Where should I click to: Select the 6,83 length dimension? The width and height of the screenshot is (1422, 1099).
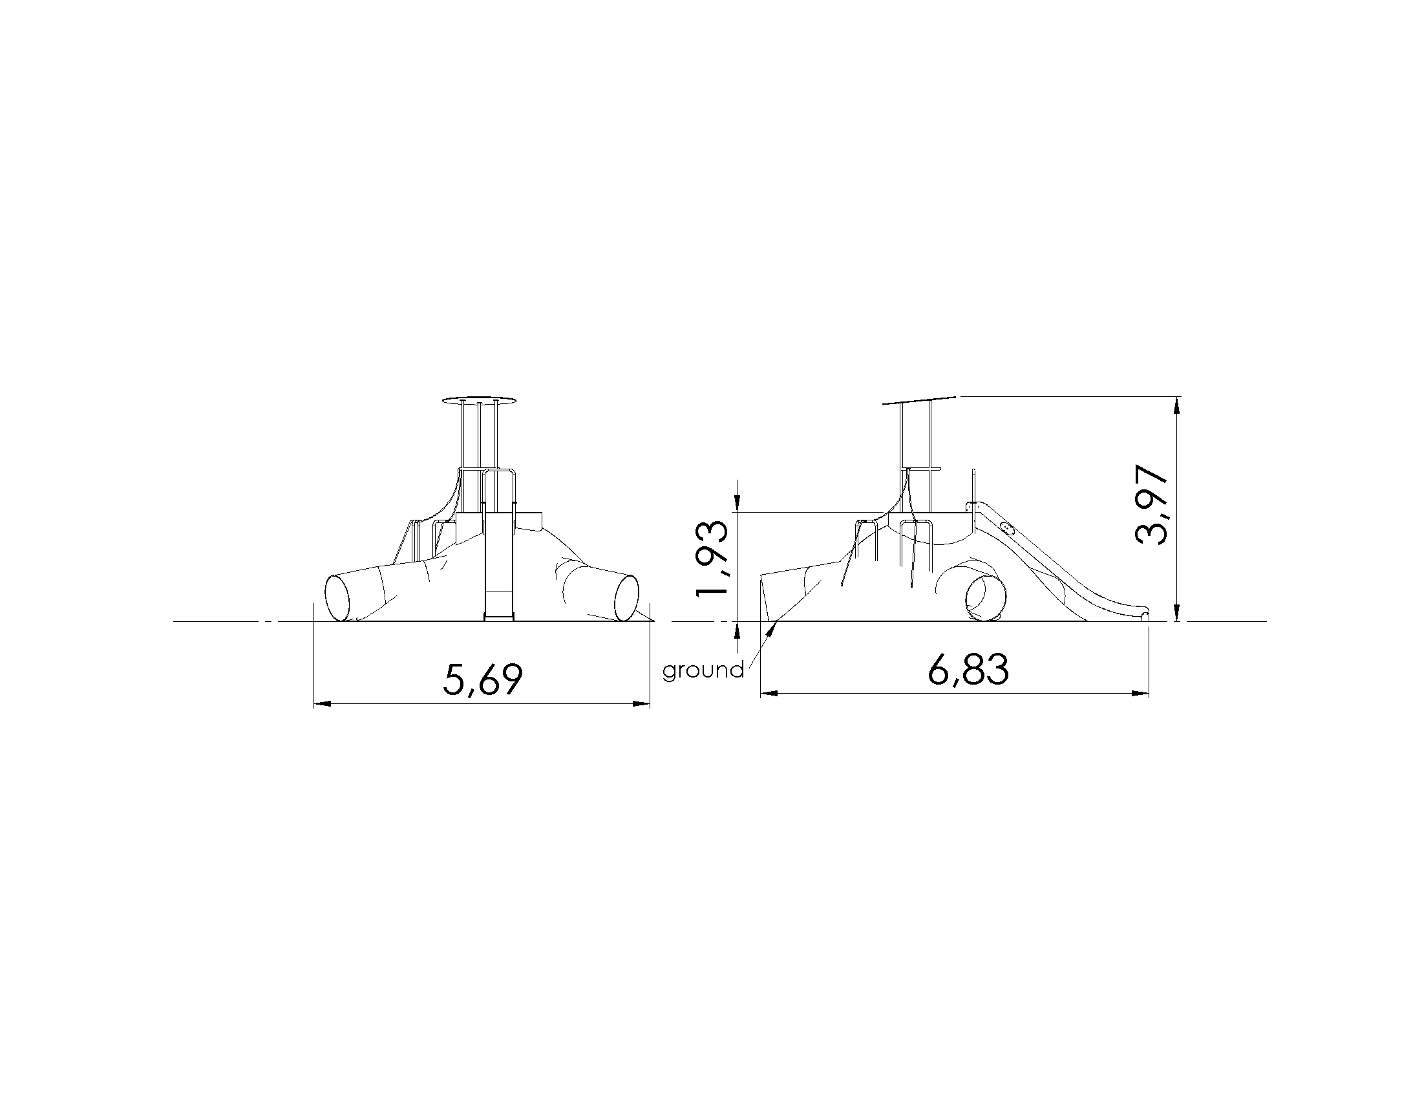(x=968, y=669)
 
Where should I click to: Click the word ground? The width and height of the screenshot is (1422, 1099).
(x=703, y=670)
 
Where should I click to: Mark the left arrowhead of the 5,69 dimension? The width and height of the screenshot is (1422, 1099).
(x=323, y=703)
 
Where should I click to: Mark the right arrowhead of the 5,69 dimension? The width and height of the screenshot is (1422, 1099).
(x=642, y=703)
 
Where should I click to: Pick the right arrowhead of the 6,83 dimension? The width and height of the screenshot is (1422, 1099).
(x=1140, y=694)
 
